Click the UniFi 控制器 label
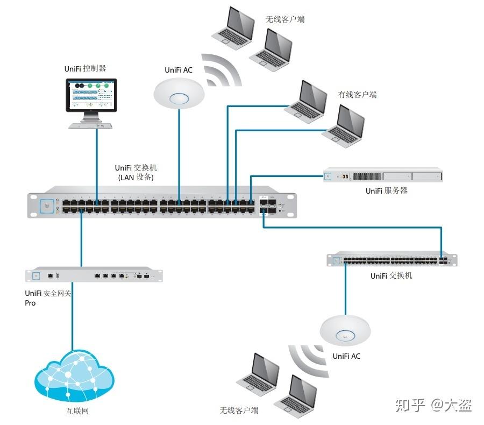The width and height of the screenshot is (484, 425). tap(85, 68)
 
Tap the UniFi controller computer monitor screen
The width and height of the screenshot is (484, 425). tap(91, 95)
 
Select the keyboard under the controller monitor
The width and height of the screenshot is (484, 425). tap(90, 126)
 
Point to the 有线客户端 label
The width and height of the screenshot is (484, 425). tap(358, 94)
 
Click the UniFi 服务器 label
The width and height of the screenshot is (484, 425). tap(387, 190)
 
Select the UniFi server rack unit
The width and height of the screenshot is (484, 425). tap(383, 175)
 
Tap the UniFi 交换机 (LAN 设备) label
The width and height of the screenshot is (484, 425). tap(136, 172)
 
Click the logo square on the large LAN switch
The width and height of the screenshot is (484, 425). tap(47, 206)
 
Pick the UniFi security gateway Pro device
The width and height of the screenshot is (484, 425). tap(94, 274)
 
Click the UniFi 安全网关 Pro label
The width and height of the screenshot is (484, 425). tap(48, 298)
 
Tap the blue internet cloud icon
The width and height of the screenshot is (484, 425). tap(74, 376)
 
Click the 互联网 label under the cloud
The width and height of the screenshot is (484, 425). tap(77, 411)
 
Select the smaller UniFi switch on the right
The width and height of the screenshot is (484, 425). tap(392, 259)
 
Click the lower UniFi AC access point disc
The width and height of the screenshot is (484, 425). tap(345, 330)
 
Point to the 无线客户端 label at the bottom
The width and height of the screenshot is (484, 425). tap(239, 410)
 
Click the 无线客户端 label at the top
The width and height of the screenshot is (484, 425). tap(285, 19)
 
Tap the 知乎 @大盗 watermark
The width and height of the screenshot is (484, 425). tap(433, 405)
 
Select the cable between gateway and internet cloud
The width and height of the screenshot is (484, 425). tap(73, 316)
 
